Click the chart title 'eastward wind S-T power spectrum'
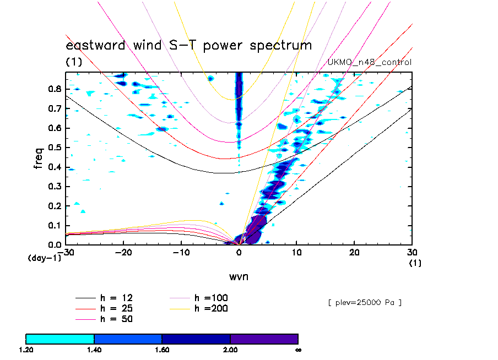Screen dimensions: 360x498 click(x=188, y=45)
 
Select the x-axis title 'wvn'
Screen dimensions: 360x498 click(x=239, y=276)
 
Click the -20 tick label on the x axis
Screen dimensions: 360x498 click(x=123, y=252)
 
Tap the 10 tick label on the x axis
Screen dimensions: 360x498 click(x=296, y=252)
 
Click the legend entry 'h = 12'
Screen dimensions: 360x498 click(x=116, y=298)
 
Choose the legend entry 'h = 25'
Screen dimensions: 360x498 click(x=116, y=308)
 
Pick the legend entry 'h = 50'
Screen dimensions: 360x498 click(x=116, y=319)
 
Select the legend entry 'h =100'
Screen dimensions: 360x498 click(x=211, y=298)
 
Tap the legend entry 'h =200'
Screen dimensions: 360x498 click(x=211, y=308)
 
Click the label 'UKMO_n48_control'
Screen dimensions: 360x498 click(x=369, y=62)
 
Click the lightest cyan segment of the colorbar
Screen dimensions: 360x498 click(x=60, y=339)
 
